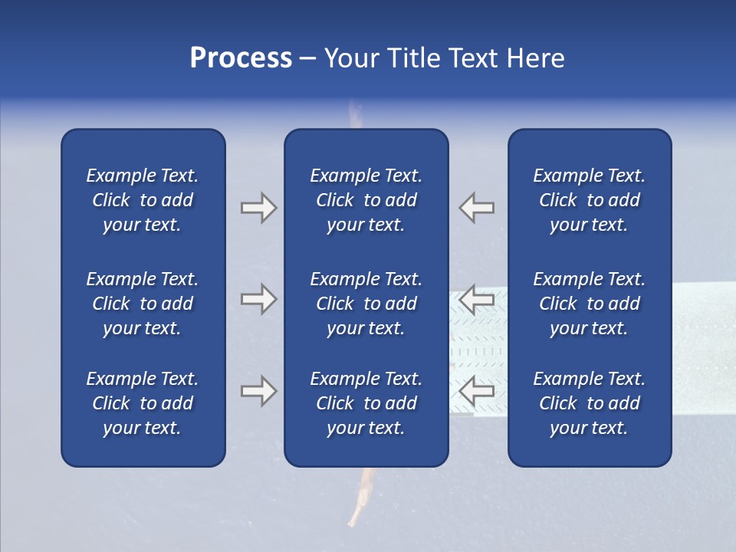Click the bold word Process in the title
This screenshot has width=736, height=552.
241,58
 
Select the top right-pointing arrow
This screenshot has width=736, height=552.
258,208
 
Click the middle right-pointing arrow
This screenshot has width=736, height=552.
258,298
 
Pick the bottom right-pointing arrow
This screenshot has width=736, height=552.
258,391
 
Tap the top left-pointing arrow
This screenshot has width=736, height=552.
477,208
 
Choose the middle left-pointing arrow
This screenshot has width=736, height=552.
477,298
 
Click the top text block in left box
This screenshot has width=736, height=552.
143,200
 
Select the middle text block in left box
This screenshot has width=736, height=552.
143,304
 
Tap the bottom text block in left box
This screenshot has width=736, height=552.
143,403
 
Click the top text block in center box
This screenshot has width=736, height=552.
366,200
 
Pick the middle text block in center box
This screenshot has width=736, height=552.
366,304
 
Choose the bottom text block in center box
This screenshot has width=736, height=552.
366,403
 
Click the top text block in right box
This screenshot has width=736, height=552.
589,200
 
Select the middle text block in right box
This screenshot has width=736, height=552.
589,304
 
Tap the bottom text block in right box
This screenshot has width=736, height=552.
589,403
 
